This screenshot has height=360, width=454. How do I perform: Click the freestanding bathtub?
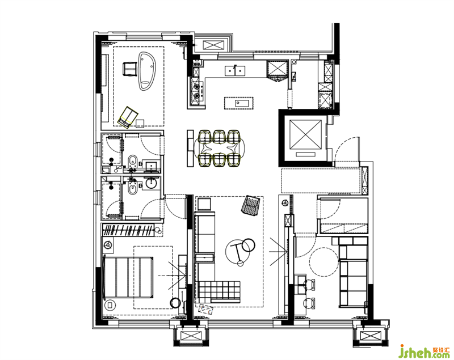click(x=147, y=71)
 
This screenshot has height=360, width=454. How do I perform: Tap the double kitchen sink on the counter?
click(x=235, y=70)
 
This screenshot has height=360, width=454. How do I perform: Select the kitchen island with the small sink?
click(x=239, y=103)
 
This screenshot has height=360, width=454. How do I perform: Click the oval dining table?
click(x=220, y=149)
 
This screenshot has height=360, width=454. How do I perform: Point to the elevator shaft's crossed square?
click(x=305, y=134)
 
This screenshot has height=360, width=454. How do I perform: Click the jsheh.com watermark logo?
click(x=424, y=351)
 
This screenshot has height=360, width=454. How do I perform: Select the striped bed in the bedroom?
click(x=128, y=277)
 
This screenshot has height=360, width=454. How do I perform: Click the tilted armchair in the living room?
click(x=251, y=205)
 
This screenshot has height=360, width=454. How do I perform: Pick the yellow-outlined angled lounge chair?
click(x=128, y=117)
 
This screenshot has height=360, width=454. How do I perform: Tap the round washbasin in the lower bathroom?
click(x=151, y=183)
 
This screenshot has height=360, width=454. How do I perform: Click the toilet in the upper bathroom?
click(x=133, y=160)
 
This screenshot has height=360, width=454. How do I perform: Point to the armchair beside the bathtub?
click(x=130, y=69)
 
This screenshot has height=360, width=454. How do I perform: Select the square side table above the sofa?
click(x=204, y=204)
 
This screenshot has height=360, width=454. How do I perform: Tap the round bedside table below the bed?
click(x=110, y=305)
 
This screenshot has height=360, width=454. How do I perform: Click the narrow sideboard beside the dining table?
click(x=190, y=148)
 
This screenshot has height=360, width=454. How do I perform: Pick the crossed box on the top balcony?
click(x=214, y=45)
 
